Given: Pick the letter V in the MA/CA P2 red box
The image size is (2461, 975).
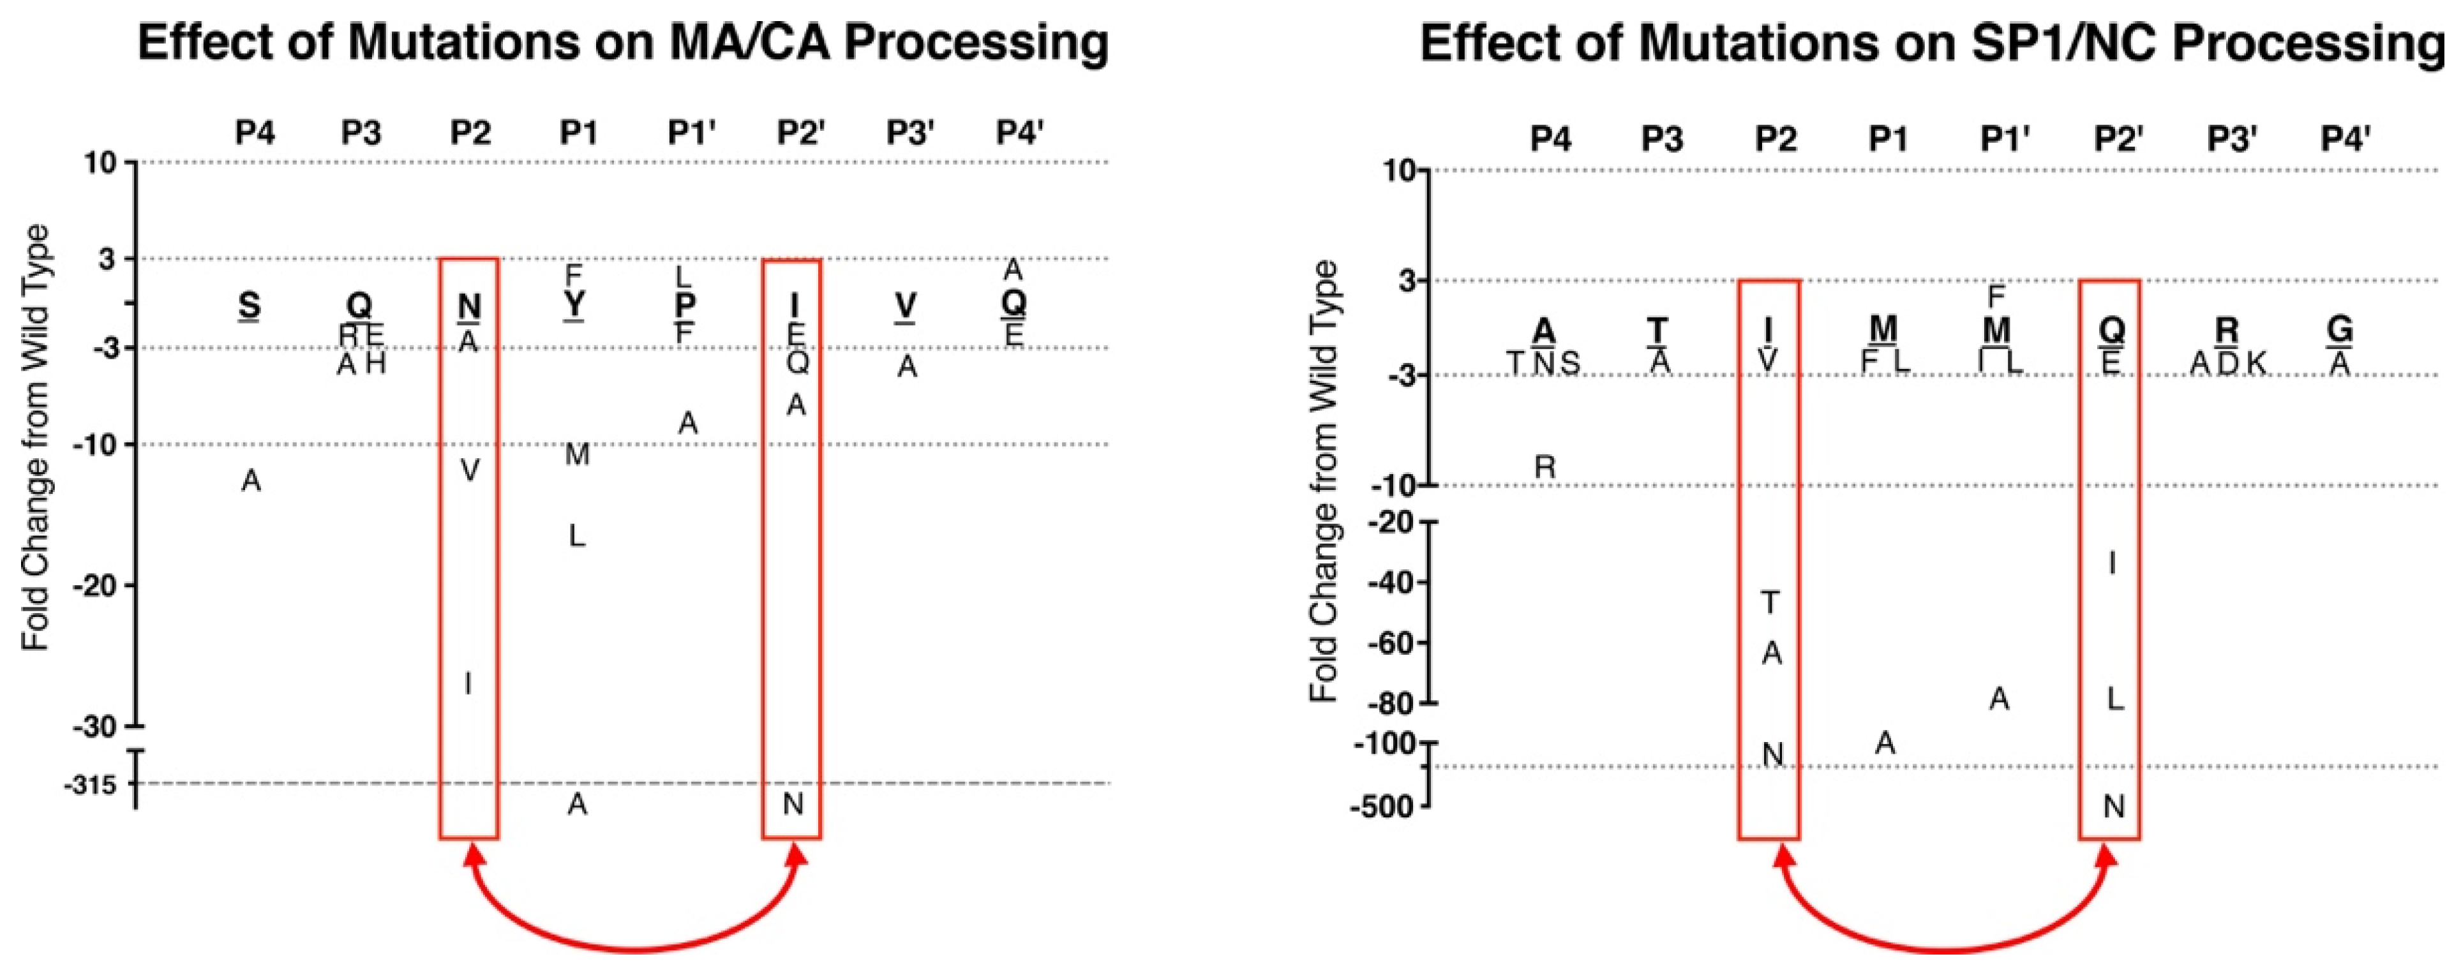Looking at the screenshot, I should pyautogui.click(x=469, y=470).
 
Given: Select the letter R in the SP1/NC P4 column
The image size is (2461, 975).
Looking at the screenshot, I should pyautogui.click(x=1545, y=467).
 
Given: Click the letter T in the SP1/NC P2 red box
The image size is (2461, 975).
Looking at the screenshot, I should pyautogui.click(x=1770, y=602).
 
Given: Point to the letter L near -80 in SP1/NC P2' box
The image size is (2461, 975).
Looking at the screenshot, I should pyautogui.click(x=2115, y=699).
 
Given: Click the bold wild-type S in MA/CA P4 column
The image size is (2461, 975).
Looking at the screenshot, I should pyautogui.click(x=250, y=306).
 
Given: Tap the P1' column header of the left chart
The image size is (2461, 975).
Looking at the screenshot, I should pyautogui.click(x=691, y=133).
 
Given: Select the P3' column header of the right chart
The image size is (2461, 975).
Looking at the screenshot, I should pyautogui.click(x=2232, y=139).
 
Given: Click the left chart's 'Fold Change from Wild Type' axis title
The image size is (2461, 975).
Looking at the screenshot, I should pyautogui.click(x=36, y=438).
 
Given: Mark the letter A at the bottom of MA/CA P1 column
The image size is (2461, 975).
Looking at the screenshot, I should pyautogui.click(x=577, y=805).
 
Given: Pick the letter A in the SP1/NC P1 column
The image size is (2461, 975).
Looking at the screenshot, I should pyautogui.click(x=1884, y=742).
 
